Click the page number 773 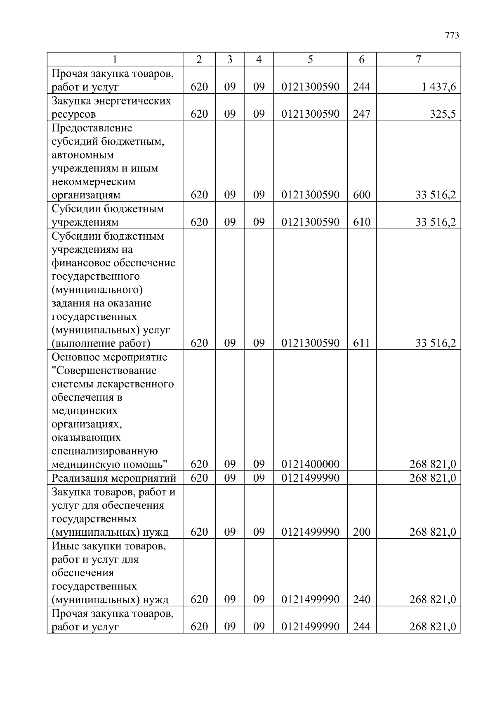[452, 36]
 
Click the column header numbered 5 [310, 59]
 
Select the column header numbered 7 [418, 59]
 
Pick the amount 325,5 [443, 114]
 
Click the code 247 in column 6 [361, 114]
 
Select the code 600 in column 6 [361, 195]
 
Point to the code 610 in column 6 [361, 222]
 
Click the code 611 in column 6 [361, 343]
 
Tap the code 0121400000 [310, 464]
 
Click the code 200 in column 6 [361, 532]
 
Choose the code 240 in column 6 [361, 599]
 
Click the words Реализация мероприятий [114, 478]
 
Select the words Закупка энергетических [111, 101]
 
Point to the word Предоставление [92, 128]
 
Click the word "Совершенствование [104, 371]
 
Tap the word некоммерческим [94, 182]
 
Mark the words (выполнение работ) [101, 343]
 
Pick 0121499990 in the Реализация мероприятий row [310, 478]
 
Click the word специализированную [105, 451]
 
